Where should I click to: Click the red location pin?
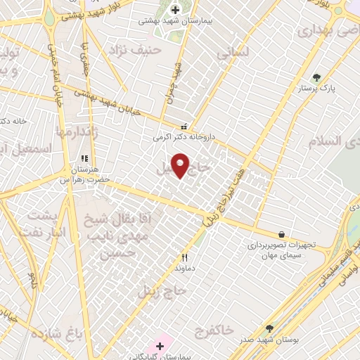[x=181, y=165]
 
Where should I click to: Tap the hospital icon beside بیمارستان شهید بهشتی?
[x=175, y=9]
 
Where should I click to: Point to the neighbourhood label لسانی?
[x=231, y=51]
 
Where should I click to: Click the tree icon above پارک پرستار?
[x=316, y=77]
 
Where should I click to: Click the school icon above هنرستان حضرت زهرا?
[x=84, y=159]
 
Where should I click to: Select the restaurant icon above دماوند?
[x=185, y=257]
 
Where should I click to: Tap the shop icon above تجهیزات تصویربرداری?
[x=282, y=234]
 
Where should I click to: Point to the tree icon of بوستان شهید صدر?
[x=269, y=328]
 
